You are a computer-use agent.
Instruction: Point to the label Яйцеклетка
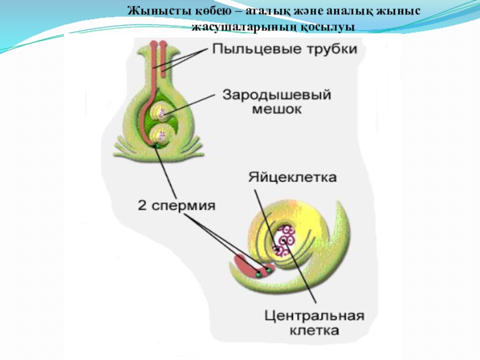click(292, 178)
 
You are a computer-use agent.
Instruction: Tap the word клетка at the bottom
click(310, 331)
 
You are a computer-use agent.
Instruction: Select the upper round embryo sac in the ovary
click(161, 112)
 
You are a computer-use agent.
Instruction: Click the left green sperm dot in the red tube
click(259, 273)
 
